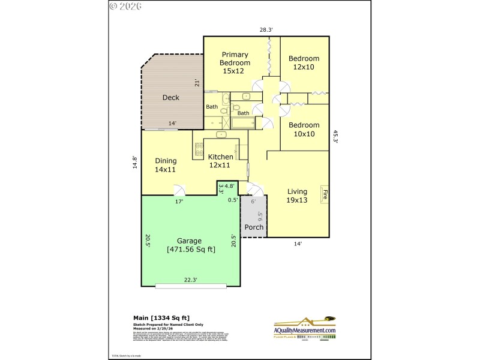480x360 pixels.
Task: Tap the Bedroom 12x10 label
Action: point(304,62)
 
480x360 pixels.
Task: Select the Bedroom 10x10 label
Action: point(304,130)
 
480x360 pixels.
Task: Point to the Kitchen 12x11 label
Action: point(220,161)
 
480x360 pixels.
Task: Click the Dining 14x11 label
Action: point(166,165)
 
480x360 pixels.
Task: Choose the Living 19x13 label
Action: point(297,196)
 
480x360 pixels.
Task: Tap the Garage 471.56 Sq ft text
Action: point(189,245)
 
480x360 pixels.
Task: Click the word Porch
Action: point(254,227)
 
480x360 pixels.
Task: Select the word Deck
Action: point(171,97)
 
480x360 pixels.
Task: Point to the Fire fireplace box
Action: point(325,194)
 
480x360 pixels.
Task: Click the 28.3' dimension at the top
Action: point(266,29)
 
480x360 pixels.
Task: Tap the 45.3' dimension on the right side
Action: point(335,137)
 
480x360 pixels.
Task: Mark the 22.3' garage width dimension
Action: point(191,279)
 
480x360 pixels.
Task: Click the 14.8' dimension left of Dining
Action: point(136,164)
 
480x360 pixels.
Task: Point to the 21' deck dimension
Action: point(196,83)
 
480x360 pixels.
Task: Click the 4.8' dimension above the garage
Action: point(229,187)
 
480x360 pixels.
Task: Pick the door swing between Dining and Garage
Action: point(179,190)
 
